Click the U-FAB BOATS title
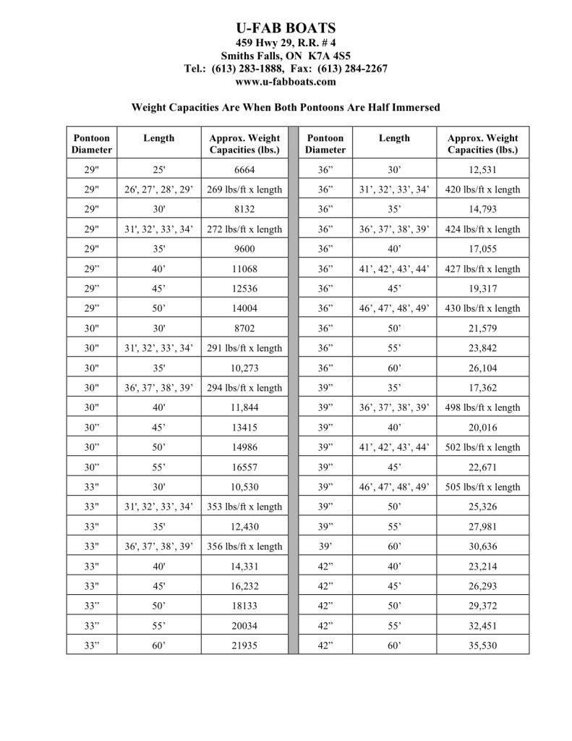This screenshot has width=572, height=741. click(286, 28)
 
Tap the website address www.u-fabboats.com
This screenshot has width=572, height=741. click(286, 82)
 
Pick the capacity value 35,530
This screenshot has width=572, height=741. click(483, 645)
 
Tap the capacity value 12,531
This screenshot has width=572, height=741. click(483, 170)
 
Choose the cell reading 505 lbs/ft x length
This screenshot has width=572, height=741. click(483, 487)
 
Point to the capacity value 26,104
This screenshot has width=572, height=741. click(483, 368)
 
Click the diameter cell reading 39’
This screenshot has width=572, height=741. click(325, 546)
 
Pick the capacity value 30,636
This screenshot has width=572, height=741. click(483, 546)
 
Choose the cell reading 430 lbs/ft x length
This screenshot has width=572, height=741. click(483, 308)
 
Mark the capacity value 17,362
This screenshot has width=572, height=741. click(483, 388)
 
